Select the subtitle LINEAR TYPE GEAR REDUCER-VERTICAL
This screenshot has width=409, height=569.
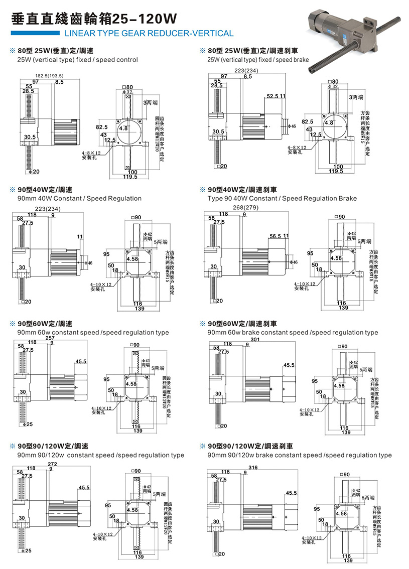146,34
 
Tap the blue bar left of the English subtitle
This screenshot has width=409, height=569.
34,34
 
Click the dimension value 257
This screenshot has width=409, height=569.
50,338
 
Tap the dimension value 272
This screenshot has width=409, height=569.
52,464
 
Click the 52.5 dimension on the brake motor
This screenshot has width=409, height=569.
273,96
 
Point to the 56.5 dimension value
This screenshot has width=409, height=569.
275,236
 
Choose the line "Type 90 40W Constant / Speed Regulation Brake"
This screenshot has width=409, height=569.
282,198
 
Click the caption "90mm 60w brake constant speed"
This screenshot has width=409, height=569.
293,332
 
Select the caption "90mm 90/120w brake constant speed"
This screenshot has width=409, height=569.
300,455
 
